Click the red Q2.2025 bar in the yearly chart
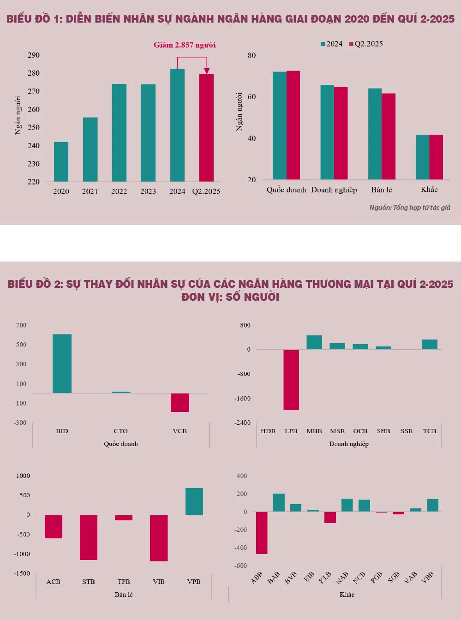206,128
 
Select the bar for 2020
61,161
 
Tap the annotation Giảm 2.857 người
185,45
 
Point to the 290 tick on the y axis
34,55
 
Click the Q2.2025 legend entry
366,44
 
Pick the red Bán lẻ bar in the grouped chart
389,136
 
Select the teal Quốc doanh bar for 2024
279,125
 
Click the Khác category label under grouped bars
429,189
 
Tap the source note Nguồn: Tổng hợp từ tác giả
410,208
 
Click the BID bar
62,364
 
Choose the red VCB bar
180,402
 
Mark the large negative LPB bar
291,380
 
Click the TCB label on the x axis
430,431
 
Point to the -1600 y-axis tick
244,398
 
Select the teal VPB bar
194,501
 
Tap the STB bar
89,537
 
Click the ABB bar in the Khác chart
262,533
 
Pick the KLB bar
330,517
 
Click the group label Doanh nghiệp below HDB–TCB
349,444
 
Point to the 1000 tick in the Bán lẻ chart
23,476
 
